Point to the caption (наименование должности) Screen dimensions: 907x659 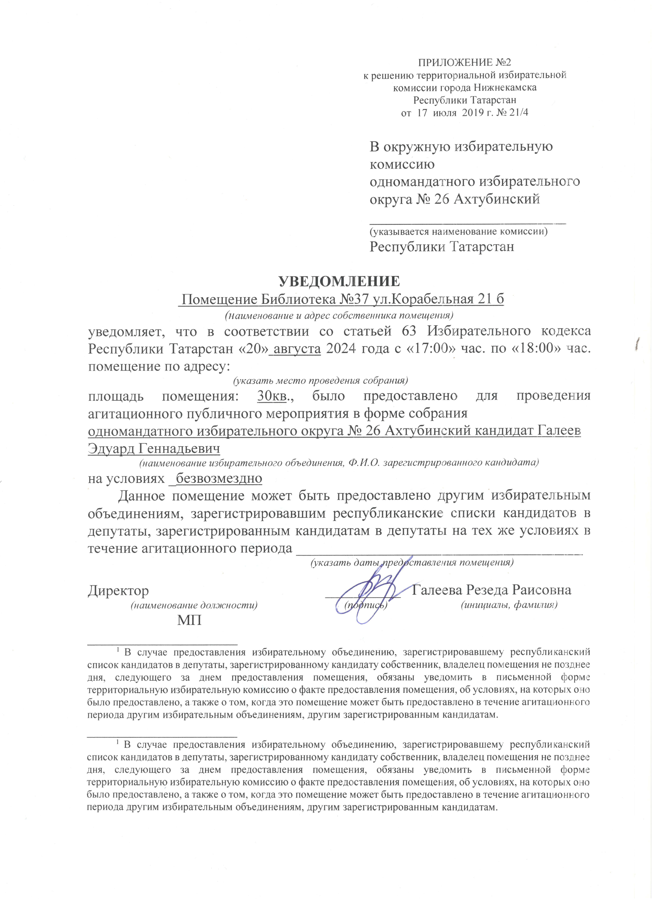[194, 605]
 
